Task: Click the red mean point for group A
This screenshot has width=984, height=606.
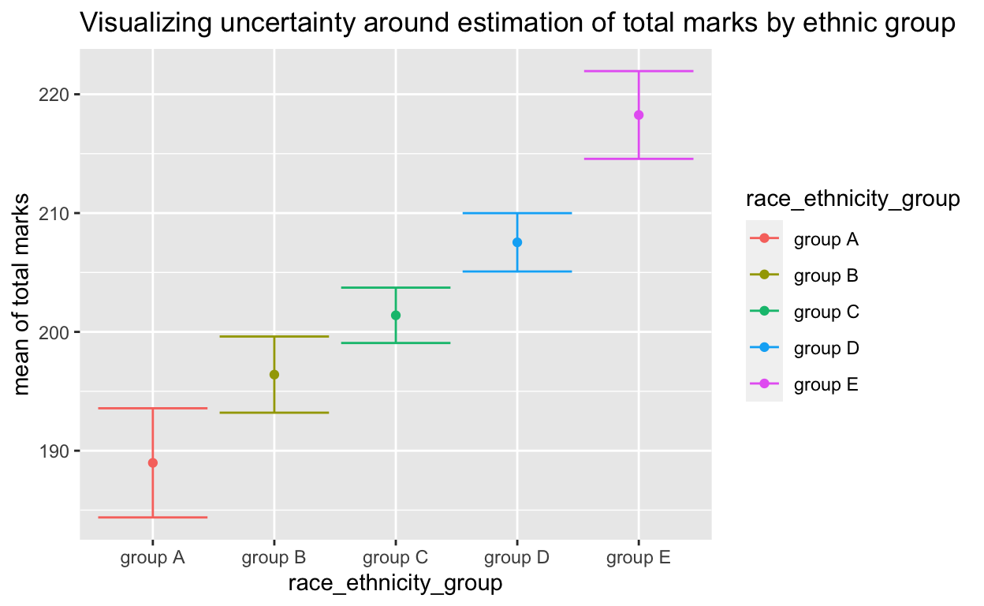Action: [x=153, y=463]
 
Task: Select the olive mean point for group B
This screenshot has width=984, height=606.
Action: [x=274, y=375]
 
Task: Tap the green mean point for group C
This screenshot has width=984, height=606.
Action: [x=396, y=316]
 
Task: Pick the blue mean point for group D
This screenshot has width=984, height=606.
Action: [x=517, y=242]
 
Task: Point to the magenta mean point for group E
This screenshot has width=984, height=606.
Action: [x=639, y=115]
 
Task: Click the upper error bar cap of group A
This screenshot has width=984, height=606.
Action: [x=153, y=408]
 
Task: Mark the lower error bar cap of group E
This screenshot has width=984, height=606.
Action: [x=639, y=159]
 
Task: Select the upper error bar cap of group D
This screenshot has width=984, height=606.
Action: [x=517, y=213]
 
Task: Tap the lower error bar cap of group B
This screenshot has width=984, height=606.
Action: [x=274, y=413]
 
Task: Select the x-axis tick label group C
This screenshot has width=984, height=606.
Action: [x=396, y=559]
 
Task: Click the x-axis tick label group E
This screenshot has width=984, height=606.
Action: [x=639, y=559]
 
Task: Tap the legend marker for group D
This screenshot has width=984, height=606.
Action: [x=764, y=349]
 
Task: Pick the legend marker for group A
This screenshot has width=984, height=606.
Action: [x=764, y=238]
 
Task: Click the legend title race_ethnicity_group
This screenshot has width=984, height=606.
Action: [x=852, y=200]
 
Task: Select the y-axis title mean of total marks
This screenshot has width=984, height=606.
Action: [x=23, y=293]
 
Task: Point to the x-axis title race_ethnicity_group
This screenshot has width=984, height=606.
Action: [x=396, y=584]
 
